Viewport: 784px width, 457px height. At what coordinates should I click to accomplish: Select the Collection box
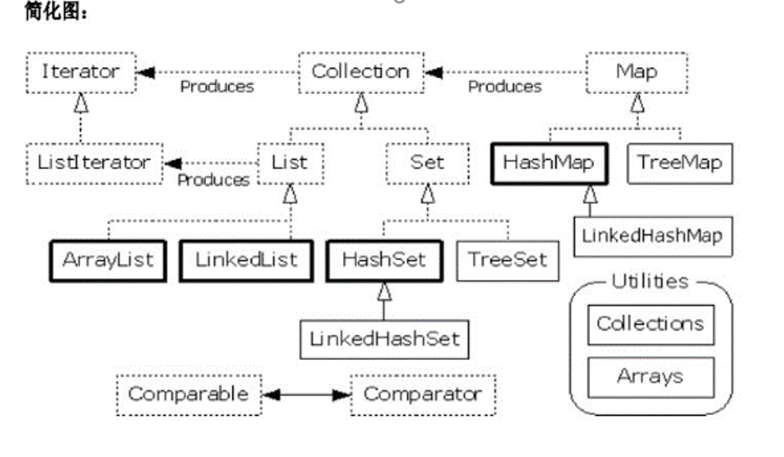click(x=360, y=72)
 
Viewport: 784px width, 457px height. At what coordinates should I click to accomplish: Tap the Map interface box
click(x=637, y=72)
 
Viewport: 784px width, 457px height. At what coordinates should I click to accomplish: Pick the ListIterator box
click(x=94, y=163)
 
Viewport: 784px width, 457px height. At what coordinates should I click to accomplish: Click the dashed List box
click(x=289, y=163)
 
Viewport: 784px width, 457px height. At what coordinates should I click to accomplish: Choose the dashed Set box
click(x=427, y=163)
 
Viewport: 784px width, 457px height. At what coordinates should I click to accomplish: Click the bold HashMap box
click(x=547, y=163)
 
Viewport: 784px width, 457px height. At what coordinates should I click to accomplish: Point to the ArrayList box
click(x=108, y=260)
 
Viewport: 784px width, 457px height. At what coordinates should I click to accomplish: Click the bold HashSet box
click(x=384, y=260)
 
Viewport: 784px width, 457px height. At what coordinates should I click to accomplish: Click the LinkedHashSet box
click(x=384, y=337)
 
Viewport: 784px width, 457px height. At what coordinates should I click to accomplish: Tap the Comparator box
click(x=422, y=395)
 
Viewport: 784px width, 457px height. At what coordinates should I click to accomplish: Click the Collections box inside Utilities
click(x=650, y=324)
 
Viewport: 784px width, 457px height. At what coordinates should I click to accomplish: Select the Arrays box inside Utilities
click(x=650, y=377)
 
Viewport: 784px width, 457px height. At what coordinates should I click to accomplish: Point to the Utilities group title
click(x=650, y=282)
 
